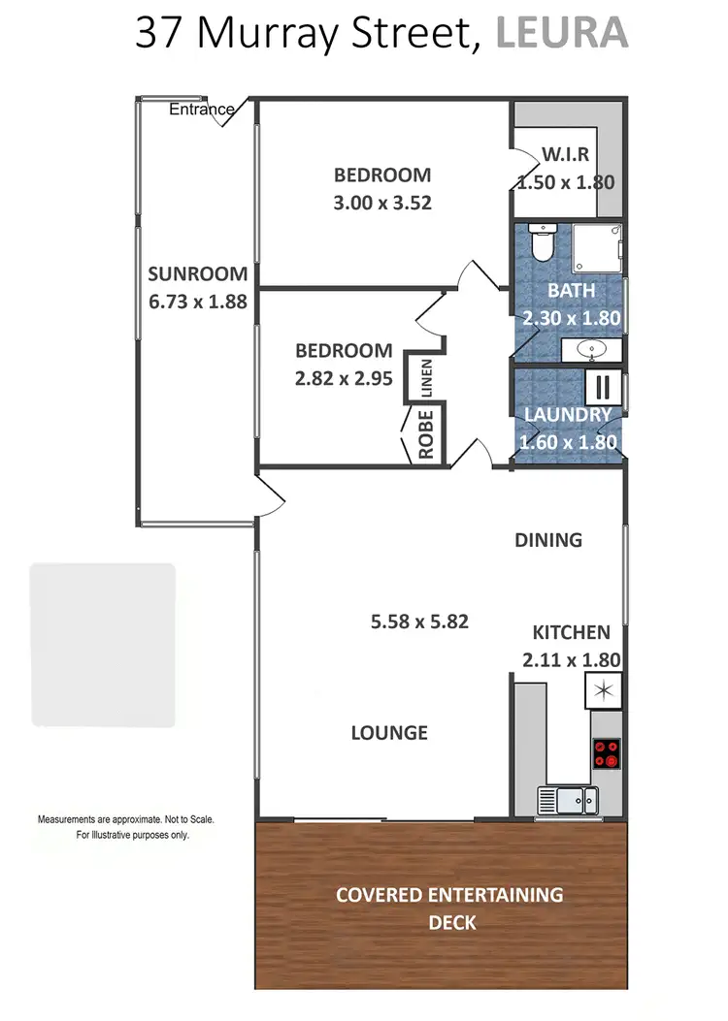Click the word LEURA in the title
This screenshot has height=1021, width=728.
(x=562, y=32)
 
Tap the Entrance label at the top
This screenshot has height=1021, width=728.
(x=202, y=110)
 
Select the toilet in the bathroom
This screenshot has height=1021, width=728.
(x=542, y=242)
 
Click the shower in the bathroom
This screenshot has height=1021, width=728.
(x=595, y=248)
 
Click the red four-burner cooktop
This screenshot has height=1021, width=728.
(x=606, y=753)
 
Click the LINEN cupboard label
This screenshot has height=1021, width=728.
(x=426, y=379)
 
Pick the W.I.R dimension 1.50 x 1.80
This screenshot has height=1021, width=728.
(x=567, y=181)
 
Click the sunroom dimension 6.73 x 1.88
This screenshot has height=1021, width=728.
(x=197, y=301)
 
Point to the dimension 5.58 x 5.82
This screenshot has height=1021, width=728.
(x=419, y=622)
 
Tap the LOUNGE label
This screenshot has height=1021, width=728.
(x=389, y=733)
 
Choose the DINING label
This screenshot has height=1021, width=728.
(x=548, y=540)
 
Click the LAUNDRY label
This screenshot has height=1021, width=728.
(x=568, y=415)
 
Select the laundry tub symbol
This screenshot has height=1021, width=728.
(x=602, y=385)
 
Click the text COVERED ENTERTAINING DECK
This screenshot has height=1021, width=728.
(x=448, y=908)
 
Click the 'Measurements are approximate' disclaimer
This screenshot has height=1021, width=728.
(x=126, y=826)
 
